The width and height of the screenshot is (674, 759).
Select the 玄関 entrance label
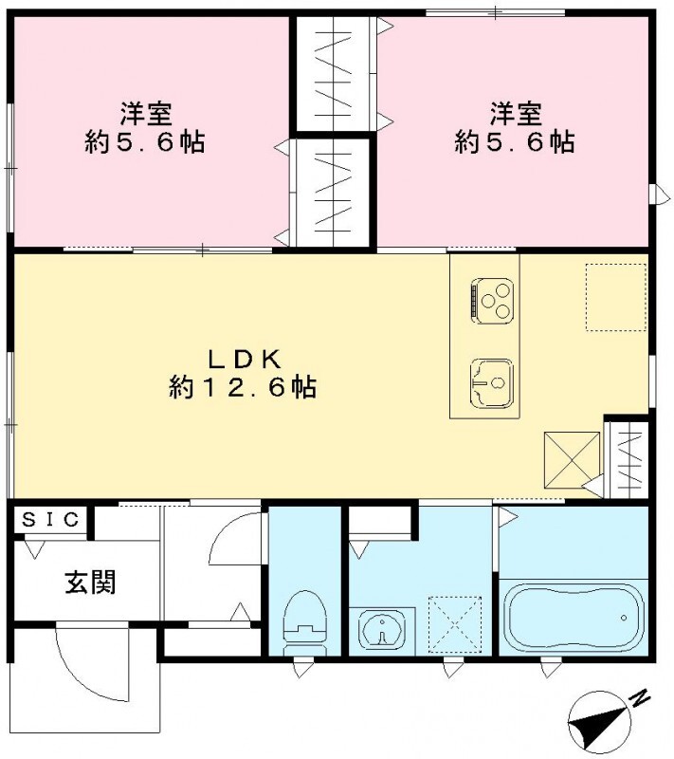(x=91, y=582)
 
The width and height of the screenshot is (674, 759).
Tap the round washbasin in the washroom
(x=382, y=626)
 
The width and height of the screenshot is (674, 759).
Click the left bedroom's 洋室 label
(x=144, y=112)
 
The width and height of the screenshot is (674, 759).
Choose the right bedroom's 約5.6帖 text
(x=515, y=142)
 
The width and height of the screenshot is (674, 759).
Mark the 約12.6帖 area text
(x=243, y=388)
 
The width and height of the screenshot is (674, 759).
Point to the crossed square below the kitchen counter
(x=572, y=459)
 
